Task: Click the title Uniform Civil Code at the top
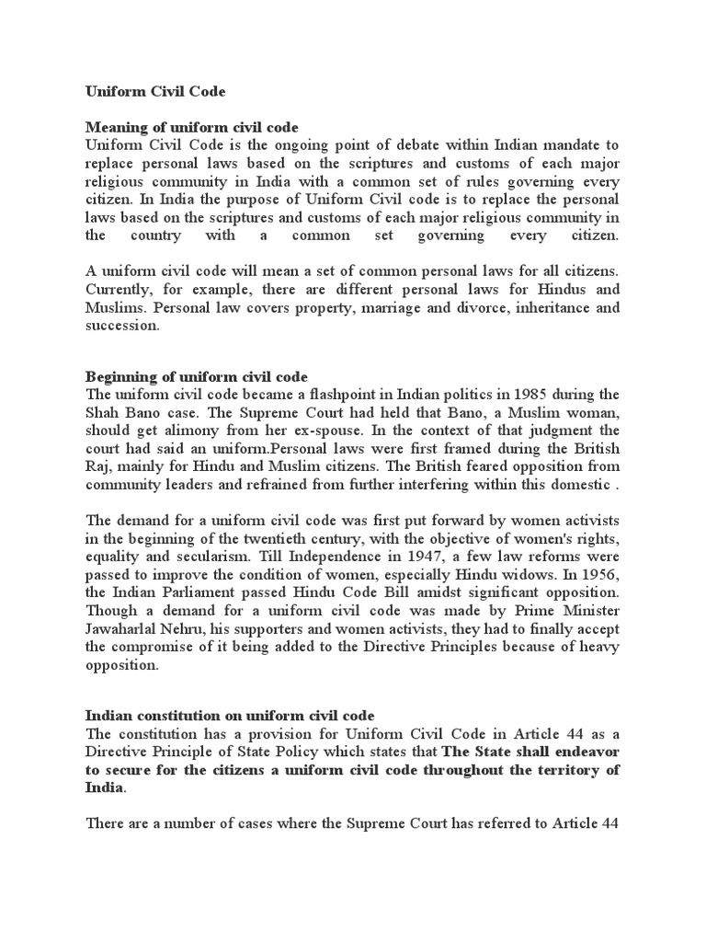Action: point(155,92)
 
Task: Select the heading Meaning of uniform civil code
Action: point(194,127)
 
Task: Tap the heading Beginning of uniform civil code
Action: point(197,377)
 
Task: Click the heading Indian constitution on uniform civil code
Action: point(231,715)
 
